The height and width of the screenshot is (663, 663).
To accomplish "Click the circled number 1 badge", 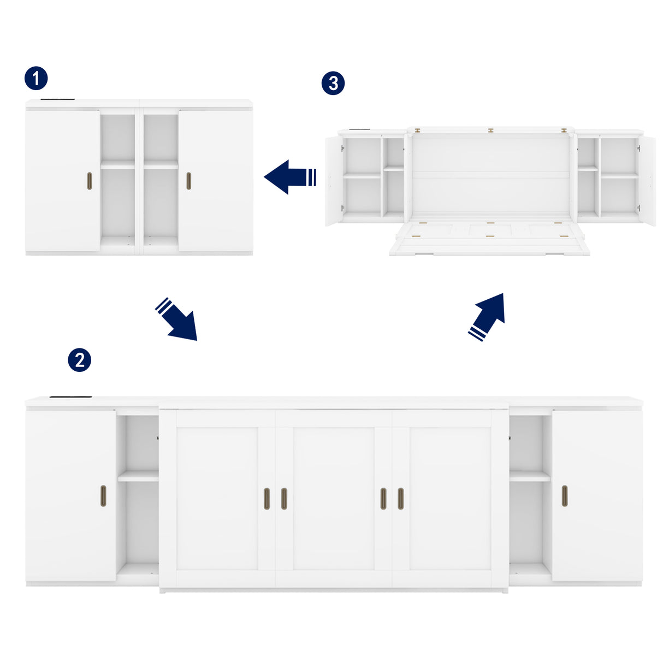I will point(36,79).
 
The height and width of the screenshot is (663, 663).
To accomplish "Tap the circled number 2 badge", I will point(80,360).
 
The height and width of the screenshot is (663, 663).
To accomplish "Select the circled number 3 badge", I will point(333,84).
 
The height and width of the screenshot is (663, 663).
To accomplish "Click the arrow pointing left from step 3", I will point(289,177).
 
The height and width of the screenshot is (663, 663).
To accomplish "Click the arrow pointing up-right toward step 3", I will point(487,317).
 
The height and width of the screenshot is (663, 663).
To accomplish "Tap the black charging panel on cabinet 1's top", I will point(57,99).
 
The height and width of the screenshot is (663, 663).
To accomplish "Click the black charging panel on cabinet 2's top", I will point(66,396).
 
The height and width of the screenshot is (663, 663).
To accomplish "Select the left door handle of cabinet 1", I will point(90,181).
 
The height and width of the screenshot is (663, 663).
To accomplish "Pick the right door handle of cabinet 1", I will point(189,181).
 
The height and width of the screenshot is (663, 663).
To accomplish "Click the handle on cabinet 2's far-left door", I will point(103,495).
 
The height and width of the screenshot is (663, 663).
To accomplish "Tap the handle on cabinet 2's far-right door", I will point(565,495).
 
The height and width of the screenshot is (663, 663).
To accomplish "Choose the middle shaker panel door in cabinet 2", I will point(333,498).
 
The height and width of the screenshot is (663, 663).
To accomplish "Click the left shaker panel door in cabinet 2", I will point(217,498).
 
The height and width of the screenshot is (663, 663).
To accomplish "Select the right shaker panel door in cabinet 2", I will point(450,498).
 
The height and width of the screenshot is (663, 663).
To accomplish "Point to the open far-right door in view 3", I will point(647,180).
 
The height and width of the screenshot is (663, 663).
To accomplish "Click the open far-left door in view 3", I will point(333,180).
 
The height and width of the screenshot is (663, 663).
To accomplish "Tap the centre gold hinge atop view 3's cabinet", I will point(490,131).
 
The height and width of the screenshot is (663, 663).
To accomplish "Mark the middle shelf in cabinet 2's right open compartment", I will point(530,476).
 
